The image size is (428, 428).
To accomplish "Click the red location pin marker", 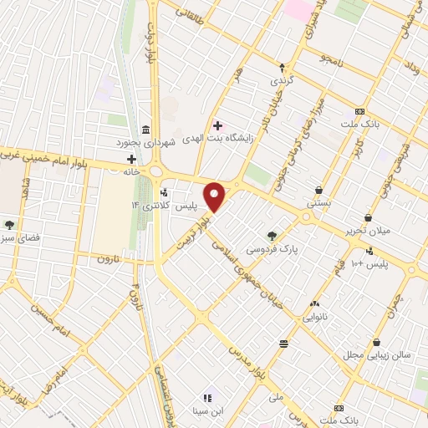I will pos(216,196).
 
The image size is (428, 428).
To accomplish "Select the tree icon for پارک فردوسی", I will pos(271,236).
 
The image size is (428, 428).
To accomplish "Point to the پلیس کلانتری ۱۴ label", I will pos(155,205).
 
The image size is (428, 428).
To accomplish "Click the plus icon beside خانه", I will pos(131,159).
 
